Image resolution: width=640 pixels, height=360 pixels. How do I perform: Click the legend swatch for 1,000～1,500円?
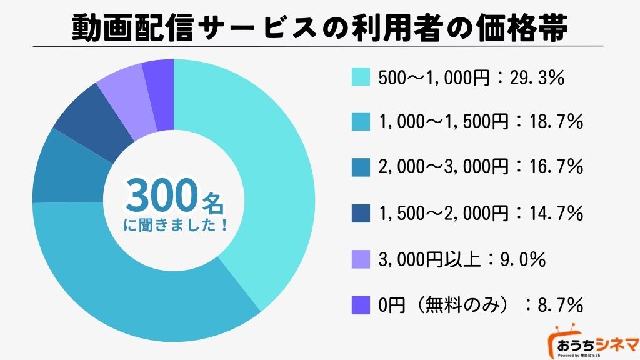point(361,122)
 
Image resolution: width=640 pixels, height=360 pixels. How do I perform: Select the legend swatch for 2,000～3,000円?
point(361,168)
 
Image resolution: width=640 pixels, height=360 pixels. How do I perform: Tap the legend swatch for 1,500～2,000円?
point(361,214)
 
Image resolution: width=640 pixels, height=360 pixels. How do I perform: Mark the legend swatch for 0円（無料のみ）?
point(361,305)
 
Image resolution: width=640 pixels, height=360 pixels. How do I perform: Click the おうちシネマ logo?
point(593,342)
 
